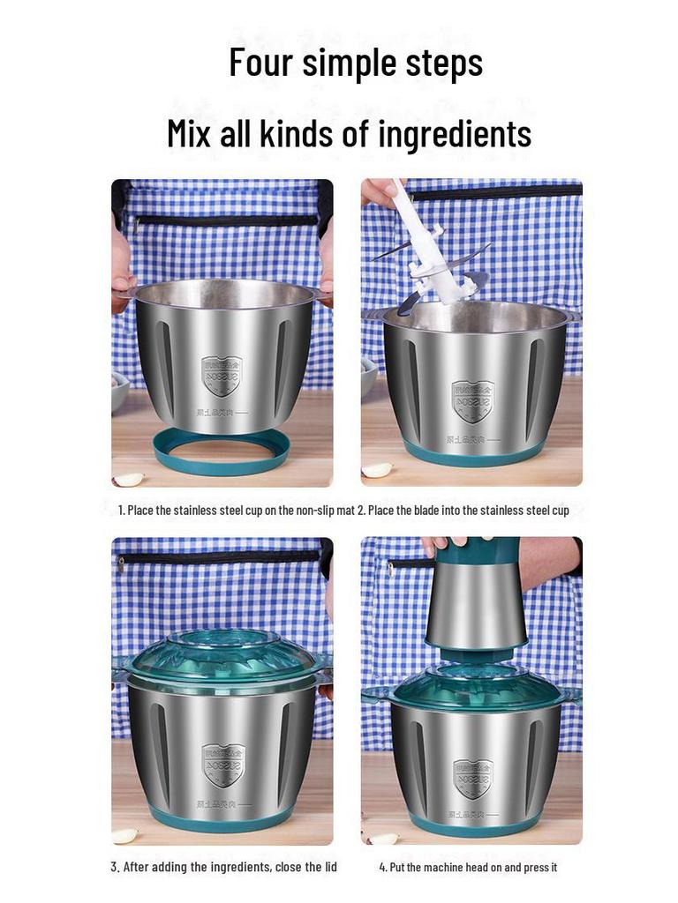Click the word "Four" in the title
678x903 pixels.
pyautogui.click(x=261, y=63)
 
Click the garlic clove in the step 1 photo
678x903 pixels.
pyautogui.click(x=129, y=479)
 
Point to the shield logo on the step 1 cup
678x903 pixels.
pyautogui.click(x=222, y=375)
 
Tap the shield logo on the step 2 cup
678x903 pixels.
pyautogui.click(x=472, y=400)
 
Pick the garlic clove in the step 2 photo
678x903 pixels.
pyautogui.click(x=377, y=471)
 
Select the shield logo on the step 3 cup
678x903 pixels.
pyautogui.click(x=222, y=763)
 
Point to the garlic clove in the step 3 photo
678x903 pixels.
pyautogui.click(x=124, y=835)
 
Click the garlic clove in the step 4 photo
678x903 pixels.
pyautogui.click(x=384, y=839)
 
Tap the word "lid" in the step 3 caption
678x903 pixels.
pyautogui.click(x=329, y=867)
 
